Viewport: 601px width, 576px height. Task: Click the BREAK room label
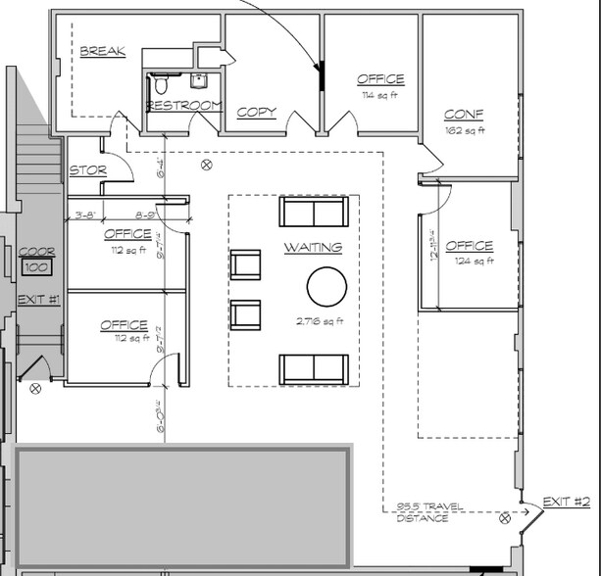[102, 51]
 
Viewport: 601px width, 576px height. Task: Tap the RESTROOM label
[184, 105]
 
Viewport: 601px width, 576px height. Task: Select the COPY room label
[256, 113]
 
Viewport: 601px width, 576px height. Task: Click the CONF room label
[463, 115]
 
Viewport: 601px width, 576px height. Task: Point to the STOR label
[87, 170]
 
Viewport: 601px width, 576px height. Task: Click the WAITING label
[313, 248]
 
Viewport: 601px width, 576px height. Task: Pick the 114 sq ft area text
[380, 95]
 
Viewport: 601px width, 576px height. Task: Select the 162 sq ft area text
[465, 130]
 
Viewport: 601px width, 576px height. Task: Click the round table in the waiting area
[326, 287]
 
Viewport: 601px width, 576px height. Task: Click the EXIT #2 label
[566, 502]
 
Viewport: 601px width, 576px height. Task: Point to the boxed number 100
[37, 266]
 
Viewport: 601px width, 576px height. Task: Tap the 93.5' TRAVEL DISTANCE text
[423, 512]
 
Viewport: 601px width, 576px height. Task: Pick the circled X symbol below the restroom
[206, 165]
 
